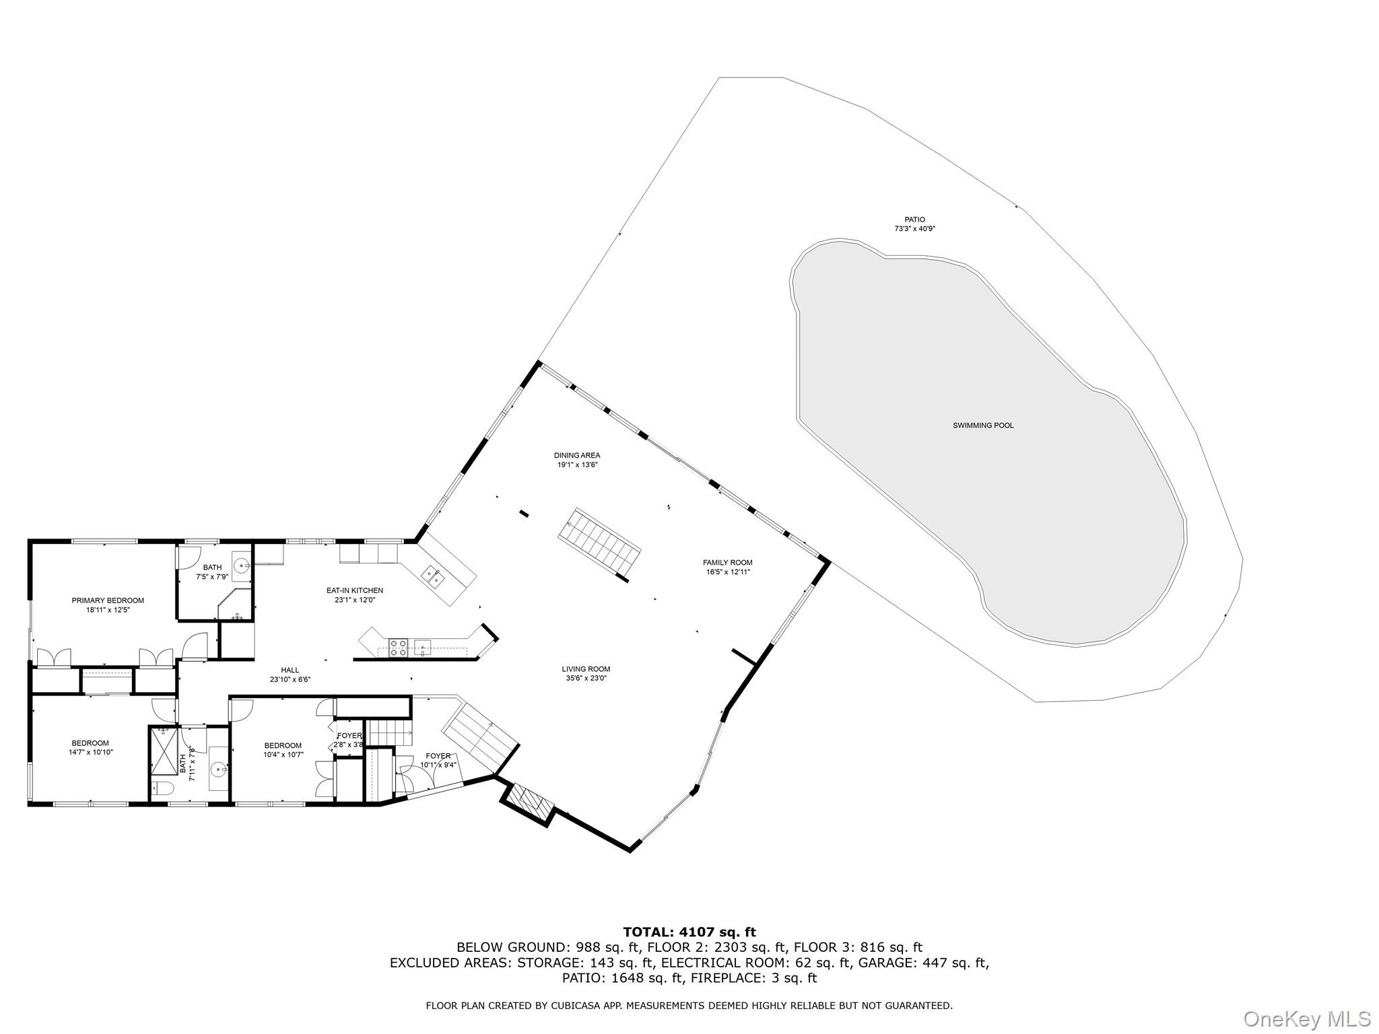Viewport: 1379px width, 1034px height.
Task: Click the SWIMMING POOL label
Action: [x=982, y=425]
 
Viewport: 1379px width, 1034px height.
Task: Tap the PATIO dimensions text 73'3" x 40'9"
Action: [x=914, y=229]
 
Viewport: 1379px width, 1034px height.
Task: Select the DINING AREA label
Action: [x=577, y=455]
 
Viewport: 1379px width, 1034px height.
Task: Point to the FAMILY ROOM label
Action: [x=727, y=563]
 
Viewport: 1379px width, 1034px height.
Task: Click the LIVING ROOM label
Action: [x=586, y=669]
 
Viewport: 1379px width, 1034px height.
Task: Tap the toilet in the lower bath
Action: [x=162, y=788]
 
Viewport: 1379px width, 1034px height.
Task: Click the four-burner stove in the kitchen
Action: [x=398, y=648]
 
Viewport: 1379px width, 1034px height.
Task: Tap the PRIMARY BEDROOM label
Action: [x=108, y=600]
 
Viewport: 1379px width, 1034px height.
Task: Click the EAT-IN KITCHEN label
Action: [x=354, y=590]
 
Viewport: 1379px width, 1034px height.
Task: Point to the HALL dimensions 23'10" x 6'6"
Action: [x=290, y=679]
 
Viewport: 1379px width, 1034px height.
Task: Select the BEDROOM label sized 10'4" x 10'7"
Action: [x=283, y=745]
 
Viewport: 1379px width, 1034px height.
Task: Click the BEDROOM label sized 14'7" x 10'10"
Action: [x=90, y=743]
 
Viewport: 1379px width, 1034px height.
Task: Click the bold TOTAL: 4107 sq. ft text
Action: [x=689, y=932]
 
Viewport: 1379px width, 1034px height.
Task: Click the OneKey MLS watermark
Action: [x=1306, y=1018]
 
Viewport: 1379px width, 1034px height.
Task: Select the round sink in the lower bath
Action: [x=217, y=768]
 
